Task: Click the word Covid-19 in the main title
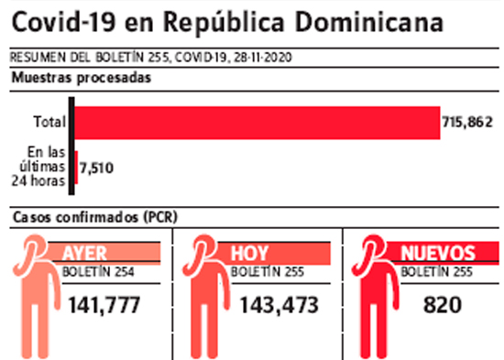63,22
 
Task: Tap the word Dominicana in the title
369,22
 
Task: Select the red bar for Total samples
257,123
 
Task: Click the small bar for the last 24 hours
76,168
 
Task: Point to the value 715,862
467,122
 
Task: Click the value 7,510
97,168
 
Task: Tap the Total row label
49,122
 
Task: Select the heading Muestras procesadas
82,78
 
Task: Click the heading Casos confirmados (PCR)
95,217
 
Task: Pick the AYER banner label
84,254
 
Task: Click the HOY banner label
249,254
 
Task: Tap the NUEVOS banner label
438,254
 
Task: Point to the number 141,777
104,305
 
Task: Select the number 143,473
279,305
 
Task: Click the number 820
443,305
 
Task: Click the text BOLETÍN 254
98,272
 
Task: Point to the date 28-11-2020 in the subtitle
263,58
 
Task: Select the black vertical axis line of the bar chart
71,146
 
